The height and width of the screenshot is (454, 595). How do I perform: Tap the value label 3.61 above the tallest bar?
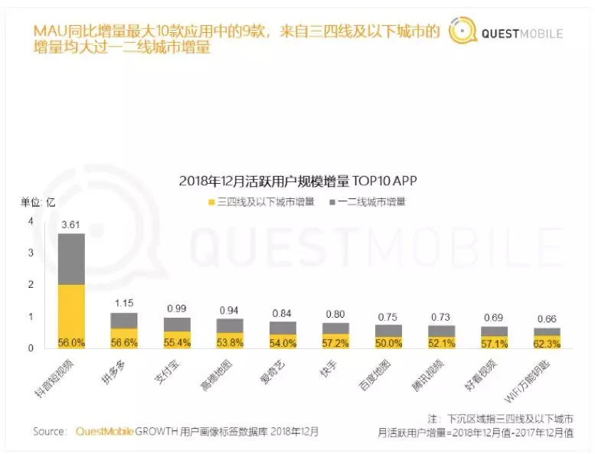pos(71,224)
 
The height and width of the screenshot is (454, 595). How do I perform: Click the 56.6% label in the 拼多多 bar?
pos(124,342)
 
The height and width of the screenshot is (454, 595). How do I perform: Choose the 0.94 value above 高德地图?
pos(228,310)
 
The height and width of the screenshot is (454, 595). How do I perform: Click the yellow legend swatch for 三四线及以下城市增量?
pos(211,203)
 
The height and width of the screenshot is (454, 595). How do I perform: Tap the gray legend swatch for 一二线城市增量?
pos(332,203)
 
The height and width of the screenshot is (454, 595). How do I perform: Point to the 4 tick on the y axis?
pos(31,221)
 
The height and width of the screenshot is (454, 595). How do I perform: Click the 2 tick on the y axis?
pos(31,285)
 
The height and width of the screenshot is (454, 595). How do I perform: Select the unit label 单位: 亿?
pos(38,202)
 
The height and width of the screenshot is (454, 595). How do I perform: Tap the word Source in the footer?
pos(50,432)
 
